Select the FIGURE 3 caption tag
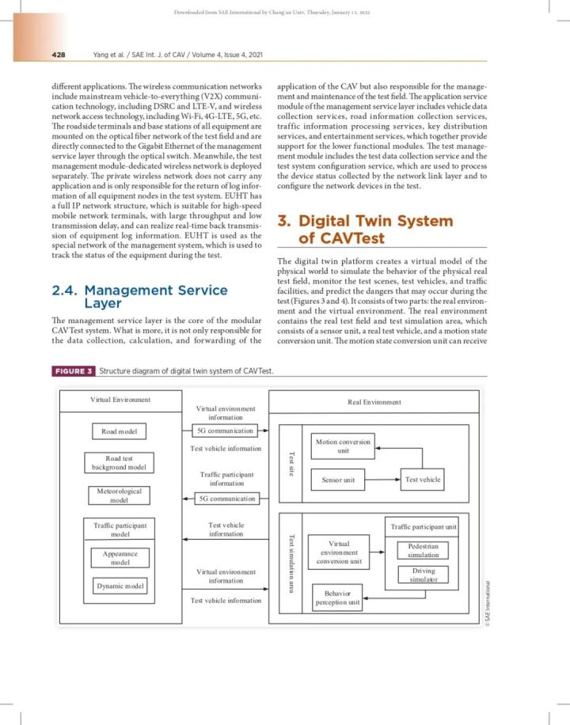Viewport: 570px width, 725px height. [74, 371]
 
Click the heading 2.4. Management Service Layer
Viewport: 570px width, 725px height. [139, 297]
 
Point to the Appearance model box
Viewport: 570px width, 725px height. [120, 558]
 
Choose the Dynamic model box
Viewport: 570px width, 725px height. [120, 586]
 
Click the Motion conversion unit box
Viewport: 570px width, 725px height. [343, 446]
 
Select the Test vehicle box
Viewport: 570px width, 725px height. [423, 480]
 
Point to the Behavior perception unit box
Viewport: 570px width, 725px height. [337, 597]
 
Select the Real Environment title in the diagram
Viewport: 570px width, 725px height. [374, 402]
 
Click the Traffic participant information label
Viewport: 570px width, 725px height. [226, 478]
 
